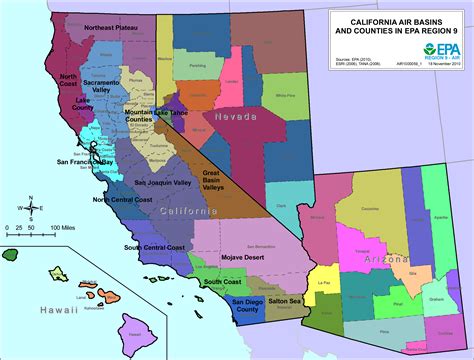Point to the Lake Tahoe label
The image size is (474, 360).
pos(176,114)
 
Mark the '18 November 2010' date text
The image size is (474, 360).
pos(441,75)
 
